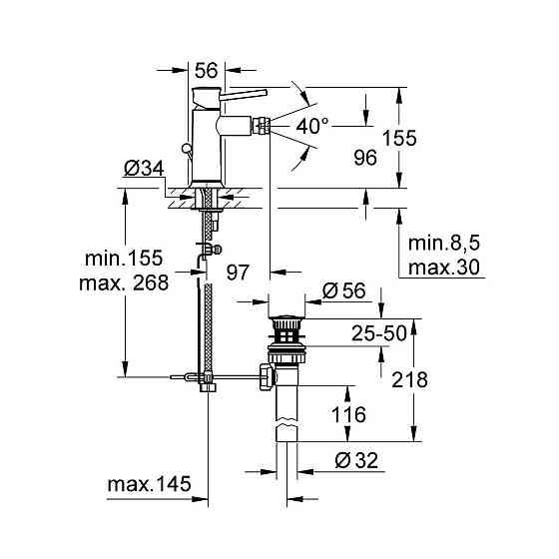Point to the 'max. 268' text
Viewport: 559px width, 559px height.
click(x=123, y=281)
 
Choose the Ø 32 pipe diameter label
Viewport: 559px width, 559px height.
click(x=348, y=461)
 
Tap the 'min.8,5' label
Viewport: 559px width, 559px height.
click(x=444, y=245)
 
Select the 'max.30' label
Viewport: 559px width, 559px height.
click(x=444, y=267)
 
